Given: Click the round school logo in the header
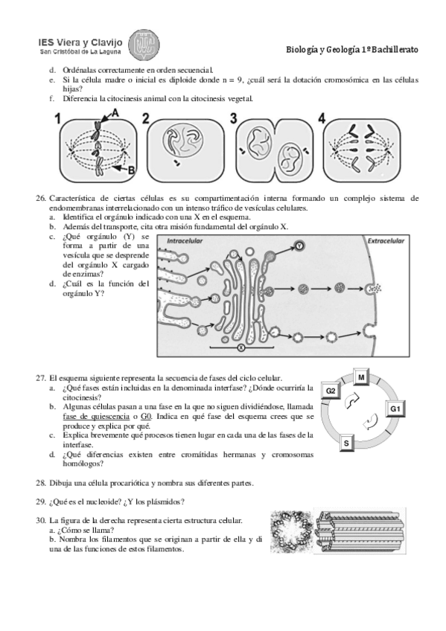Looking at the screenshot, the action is [144, 45].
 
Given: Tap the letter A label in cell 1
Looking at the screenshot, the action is [115, 114].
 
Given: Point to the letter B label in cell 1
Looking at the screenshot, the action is [131, 170].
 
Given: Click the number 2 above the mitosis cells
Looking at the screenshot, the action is [146, 118].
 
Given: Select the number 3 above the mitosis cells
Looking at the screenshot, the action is [234, 118].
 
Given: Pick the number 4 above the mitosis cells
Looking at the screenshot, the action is [322, 118].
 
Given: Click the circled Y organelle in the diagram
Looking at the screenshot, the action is [299, 246].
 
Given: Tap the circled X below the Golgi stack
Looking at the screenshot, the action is [241, 347].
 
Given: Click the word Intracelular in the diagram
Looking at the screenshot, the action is [185, 240].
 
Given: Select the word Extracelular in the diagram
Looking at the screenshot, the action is [386, 240].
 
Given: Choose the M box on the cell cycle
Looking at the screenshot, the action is [361, 377].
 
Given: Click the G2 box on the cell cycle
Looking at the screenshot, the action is [331, 391].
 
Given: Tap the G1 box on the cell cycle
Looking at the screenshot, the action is [395, 409].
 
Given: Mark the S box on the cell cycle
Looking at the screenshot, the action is [346, 444].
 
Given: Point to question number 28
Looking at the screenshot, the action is [41, 483].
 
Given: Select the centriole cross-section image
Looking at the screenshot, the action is [291, 531].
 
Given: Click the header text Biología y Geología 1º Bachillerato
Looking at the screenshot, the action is [352, 50].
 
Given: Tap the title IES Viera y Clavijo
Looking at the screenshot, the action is [80, 42].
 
